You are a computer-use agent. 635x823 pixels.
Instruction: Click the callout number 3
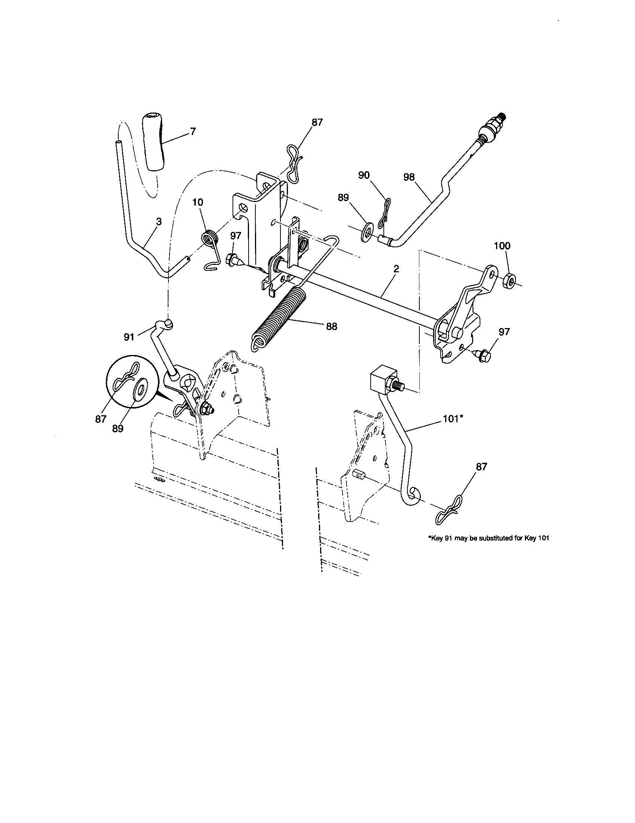coord(159,221)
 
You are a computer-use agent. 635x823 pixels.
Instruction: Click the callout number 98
coord(409,177)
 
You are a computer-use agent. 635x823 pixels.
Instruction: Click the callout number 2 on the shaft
coord(396,269)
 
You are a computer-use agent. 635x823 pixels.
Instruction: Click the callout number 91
coord(129,337)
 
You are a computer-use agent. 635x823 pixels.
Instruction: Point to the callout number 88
coord(331,326)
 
